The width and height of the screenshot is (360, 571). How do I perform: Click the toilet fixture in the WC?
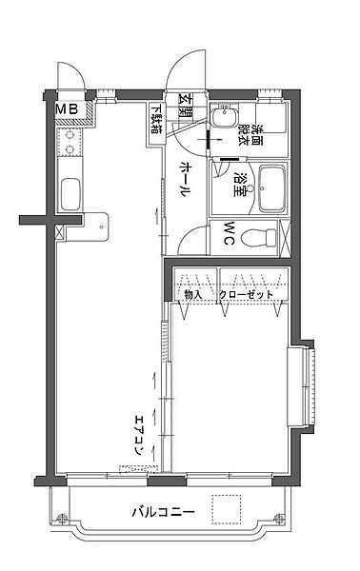(x=260, y=234)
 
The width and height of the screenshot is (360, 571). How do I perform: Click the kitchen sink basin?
(x=71, y=195)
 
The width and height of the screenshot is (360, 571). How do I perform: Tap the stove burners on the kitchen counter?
(x=70, y=145)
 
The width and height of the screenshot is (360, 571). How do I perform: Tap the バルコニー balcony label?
(x=163, y=512)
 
